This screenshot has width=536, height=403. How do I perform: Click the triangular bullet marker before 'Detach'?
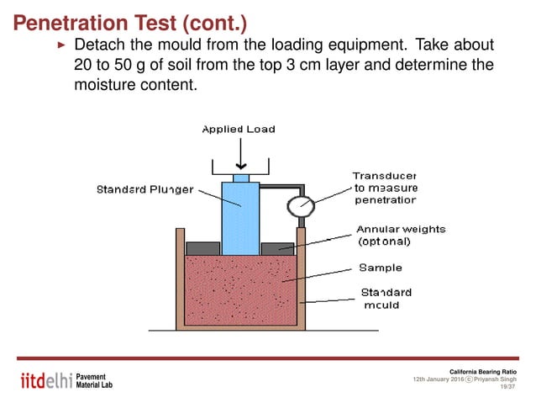[x=60, y=44]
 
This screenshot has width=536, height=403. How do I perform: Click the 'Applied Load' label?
[x=238, y=129]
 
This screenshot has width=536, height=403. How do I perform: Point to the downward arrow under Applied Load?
[x=241, y=156]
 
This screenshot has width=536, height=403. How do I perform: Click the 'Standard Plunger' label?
[x=144, y=189]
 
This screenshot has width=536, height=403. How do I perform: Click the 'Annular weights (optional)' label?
[x=401, y=235]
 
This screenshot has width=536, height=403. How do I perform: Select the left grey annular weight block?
[x=202, y=248]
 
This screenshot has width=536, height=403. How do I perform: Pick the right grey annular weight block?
[x=278, y=248]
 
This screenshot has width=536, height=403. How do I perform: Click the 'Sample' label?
[x=381, y=268]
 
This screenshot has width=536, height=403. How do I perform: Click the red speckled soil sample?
[x=240, y=290]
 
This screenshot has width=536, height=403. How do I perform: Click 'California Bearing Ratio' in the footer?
[x=482, y=371]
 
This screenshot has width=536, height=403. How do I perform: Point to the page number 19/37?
[x=507, y=387]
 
